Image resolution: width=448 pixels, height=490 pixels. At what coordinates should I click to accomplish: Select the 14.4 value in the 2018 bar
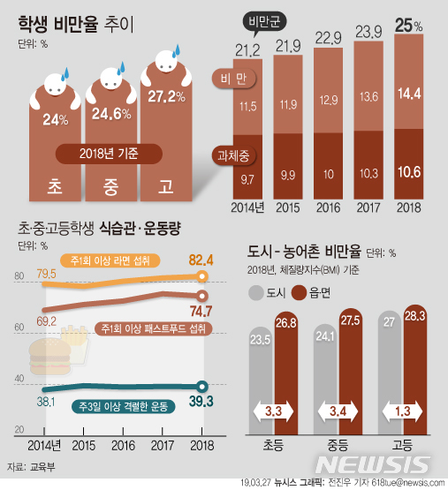(409, 91)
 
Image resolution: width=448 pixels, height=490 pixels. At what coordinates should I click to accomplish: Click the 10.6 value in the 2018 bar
(409, 171)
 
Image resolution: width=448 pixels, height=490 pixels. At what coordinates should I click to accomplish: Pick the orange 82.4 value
(202, 259)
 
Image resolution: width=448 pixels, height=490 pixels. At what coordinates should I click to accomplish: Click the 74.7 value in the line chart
(201, 311)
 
